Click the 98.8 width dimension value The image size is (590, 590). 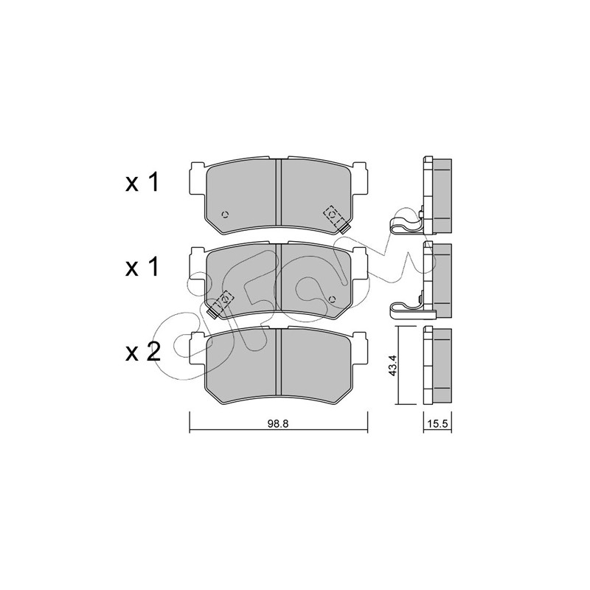[278, 423]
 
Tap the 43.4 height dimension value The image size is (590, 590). [393, 366]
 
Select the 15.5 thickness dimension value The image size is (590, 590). [437, 424]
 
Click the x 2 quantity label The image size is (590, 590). [143, 353]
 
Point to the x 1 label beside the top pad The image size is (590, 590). [142, 183]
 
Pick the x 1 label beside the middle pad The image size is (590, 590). [142, 268]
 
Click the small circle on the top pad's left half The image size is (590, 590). [226, 215]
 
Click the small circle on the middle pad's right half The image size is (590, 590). [331, 299]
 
